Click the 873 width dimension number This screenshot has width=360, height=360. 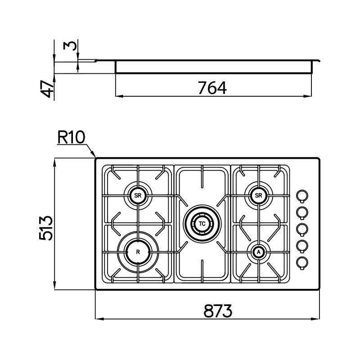click(x=218, y=311)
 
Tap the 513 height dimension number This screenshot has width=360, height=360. click(x=46, y=228)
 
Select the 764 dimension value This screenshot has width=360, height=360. click(x=212, y=88)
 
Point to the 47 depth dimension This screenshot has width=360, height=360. click(x=47, y=89)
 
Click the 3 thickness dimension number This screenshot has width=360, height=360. click(x=70, y=46)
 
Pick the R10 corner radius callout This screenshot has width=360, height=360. click(x=71, y=137)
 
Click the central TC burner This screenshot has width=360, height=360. click(x=202, y=223)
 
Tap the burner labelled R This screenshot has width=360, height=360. click(x=138, y=252)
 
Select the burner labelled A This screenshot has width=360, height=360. click(x=258, y=252)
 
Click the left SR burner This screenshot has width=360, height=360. click(x=138, y=195)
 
